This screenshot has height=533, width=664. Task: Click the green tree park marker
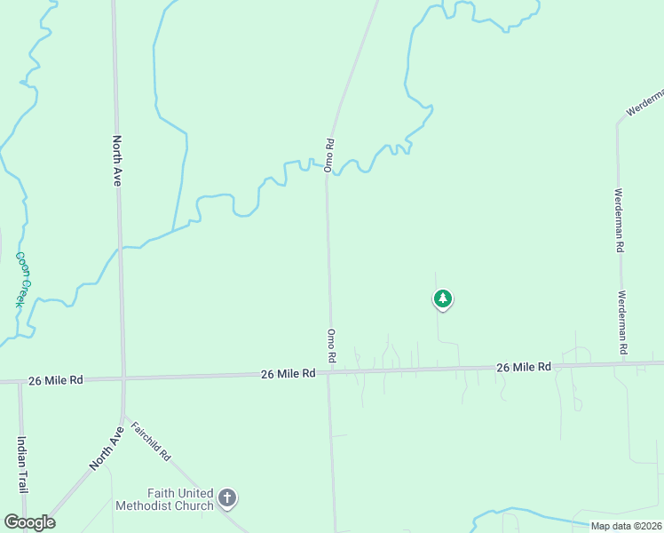(443, 298)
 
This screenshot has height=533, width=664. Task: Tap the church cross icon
(227, 497)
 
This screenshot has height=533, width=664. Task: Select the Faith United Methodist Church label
(165, 499)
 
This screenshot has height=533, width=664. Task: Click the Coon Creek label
(22, 279)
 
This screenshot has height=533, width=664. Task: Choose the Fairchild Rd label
(150, 440)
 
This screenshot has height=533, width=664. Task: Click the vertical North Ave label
(116, 160)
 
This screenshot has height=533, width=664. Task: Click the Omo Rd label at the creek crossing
(328, 155)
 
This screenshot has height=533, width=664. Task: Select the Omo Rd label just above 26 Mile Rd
(330, 345)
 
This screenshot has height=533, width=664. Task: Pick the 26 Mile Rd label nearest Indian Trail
(55, 379)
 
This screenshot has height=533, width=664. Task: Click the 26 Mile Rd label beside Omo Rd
(289, 374)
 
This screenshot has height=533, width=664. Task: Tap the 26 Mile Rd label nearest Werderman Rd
(524, 366)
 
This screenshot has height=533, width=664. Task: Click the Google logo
(29, 522)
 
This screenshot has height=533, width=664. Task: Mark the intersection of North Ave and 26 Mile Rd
(123, 379)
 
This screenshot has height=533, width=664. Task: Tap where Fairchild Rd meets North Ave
(124, 416)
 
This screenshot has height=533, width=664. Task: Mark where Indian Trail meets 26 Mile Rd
(20, 382)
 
